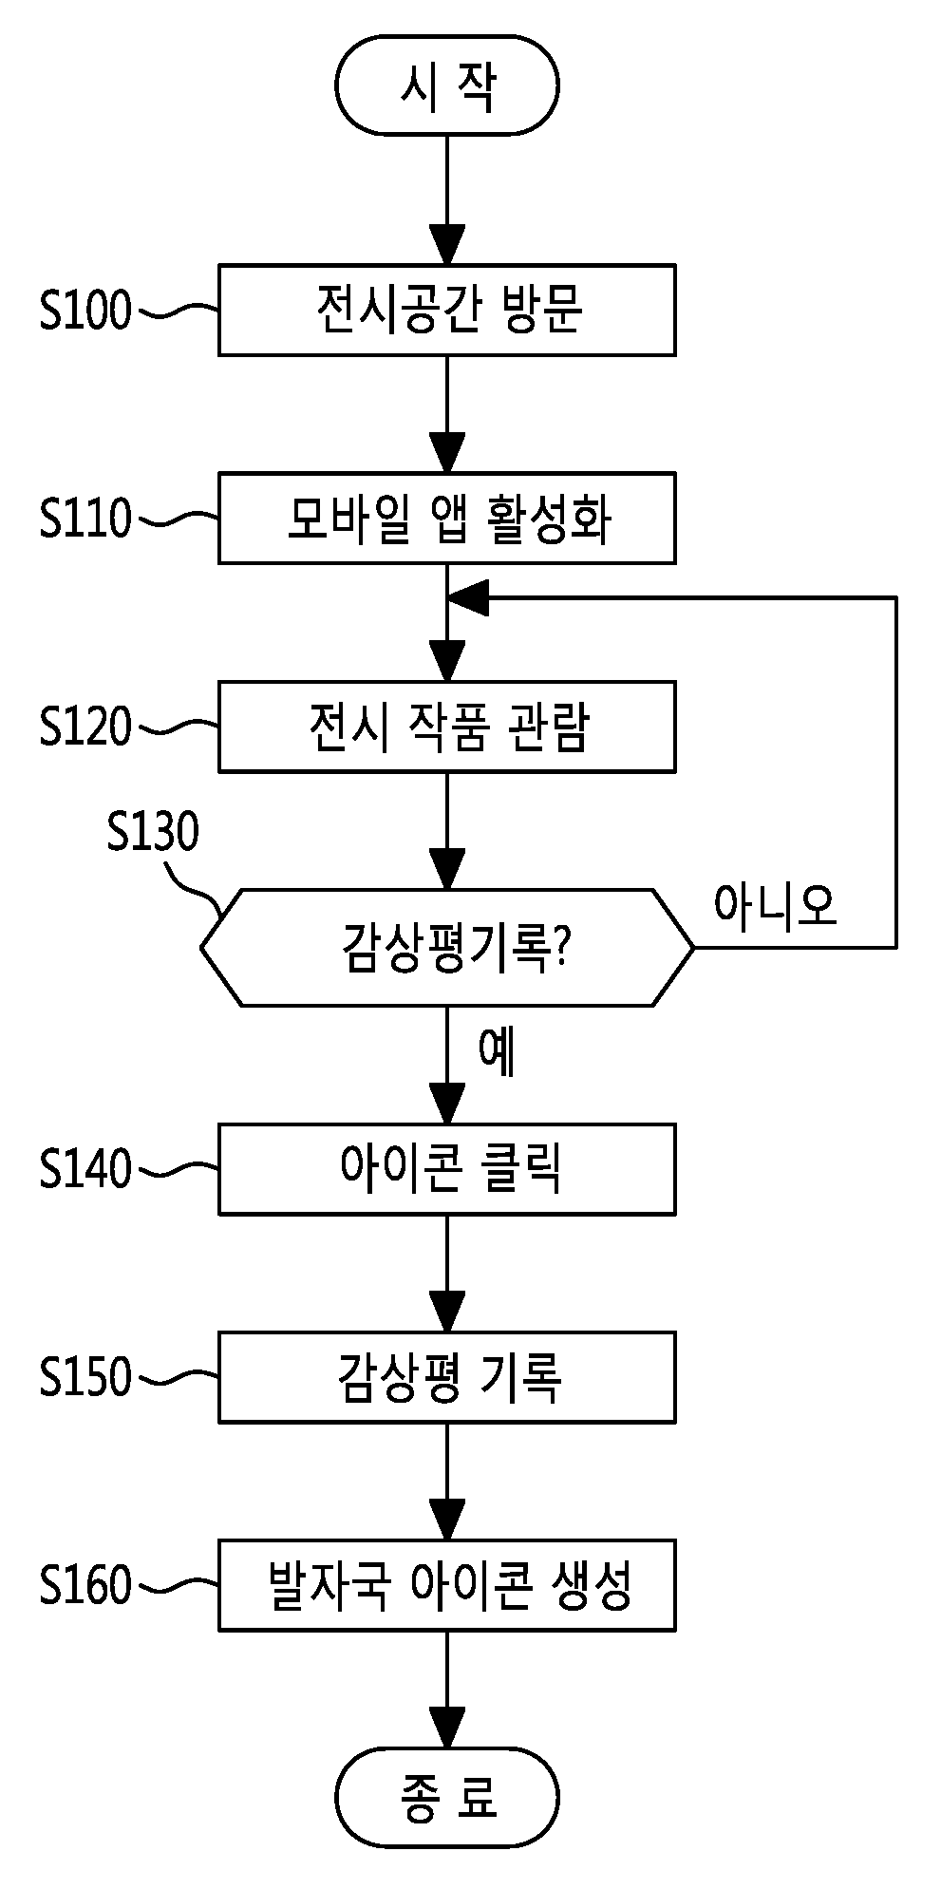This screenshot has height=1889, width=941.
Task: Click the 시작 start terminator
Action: (446, 85)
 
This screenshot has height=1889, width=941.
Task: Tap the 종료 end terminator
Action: (446, 1798)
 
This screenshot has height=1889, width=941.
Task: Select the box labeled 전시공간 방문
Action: (447, 311)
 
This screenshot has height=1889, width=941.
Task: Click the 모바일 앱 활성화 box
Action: (447, 518)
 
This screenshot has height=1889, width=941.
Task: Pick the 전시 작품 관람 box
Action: (447, 726)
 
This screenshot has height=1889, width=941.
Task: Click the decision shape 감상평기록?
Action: (447, 947)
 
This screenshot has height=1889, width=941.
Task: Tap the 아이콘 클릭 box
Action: (447, 1168)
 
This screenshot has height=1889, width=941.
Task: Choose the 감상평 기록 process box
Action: (447, 1376)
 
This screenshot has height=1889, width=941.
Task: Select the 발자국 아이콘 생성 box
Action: (447, 1584)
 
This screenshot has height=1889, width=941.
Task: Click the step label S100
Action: (85, 311)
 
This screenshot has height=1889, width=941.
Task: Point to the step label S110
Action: (85, 518)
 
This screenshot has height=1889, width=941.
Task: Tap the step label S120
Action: (85, 726)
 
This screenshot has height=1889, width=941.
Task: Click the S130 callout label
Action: (153, 832)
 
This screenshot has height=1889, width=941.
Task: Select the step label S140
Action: (85, 1168)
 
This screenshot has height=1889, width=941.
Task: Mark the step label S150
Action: (85, 1376)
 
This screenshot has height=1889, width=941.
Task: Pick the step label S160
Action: (85, 1584)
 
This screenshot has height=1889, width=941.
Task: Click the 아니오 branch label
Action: (776, 905)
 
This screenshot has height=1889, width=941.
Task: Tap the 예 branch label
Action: (498, 1052)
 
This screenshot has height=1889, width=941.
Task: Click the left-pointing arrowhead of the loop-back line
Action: (467, 597)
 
